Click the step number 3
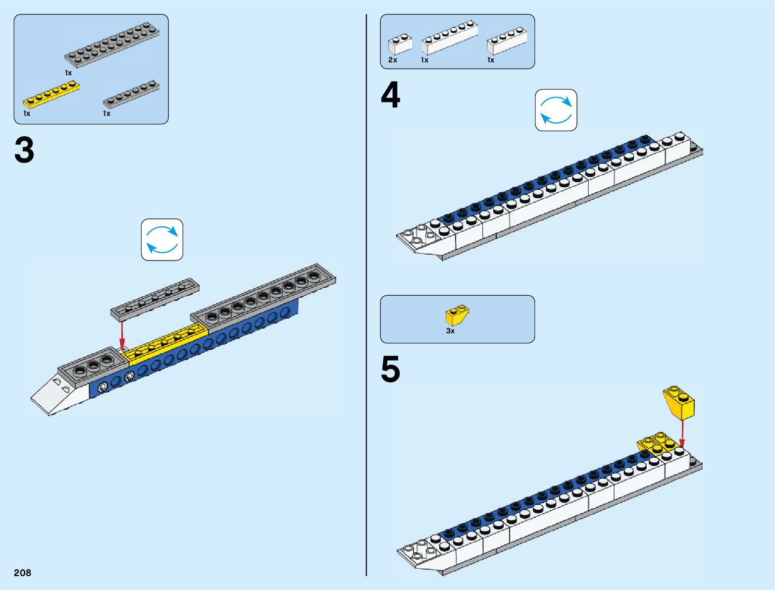tap(24, 151)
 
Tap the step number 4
tap(390, 96)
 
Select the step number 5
tap(390, 370)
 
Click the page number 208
tap(23, 573)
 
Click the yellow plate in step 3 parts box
tap(51, 95)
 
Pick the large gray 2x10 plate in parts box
tap(112, 45)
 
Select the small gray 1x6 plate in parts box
tap(131, 94)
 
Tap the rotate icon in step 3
tap(162, 240)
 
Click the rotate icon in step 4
tap(556, 110)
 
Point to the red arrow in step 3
tap(122, 335)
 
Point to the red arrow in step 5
tap(682, 433)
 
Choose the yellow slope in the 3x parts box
tap(457, 315)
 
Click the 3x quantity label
tap(450, 331)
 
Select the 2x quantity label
tap(393, 60)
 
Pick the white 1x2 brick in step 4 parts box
tap(400, 45)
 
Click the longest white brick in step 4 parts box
tap(449, 38)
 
